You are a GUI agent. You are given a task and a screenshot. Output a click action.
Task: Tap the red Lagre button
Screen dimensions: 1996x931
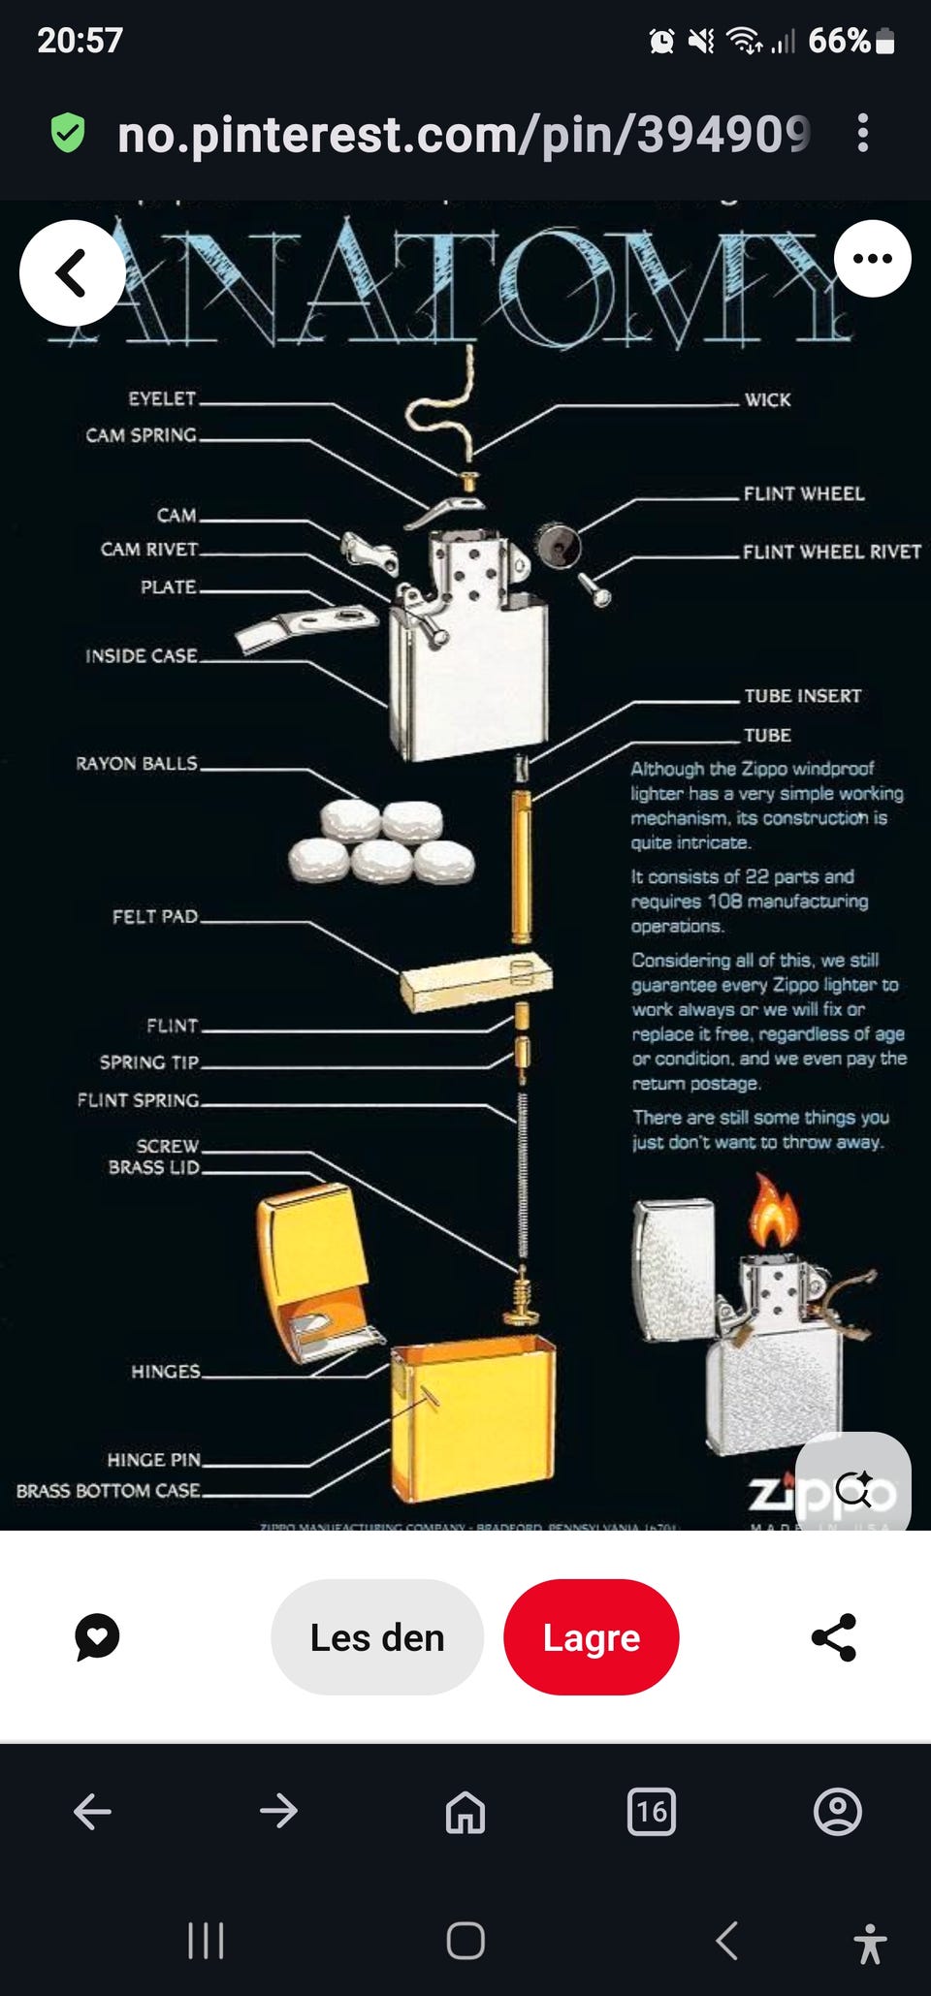point(591,1637)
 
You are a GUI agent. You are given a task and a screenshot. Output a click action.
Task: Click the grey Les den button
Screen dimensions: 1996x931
point(377,1637)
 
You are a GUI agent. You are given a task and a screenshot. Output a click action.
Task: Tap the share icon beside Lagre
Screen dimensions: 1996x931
point(833,1637)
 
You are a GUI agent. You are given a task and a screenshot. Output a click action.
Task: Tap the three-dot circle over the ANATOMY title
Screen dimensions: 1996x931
point(872,259)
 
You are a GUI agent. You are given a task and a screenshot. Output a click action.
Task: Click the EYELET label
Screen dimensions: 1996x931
point(162,398)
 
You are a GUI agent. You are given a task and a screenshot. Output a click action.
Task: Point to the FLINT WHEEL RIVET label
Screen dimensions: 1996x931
point(831,552)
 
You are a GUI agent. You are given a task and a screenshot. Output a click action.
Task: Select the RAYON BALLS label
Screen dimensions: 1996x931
point(137,764)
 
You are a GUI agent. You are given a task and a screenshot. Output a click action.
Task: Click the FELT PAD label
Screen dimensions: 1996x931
point(155,916)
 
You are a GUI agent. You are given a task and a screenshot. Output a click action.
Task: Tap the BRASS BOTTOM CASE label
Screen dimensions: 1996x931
point(109,1491)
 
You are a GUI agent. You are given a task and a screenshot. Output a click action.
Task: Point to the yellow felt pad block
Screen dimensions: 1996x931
point(475,981)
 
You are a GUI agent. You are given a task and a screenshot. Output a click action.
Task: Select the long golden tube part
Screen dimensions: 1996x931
point(521,866)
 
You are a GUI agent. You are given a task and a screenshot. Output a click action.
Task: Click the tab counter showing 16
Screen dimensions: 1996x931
point(652,1811)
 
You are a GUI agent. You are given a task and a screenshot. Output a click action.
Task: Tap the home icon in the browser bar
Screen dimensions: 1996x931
point(465,1811)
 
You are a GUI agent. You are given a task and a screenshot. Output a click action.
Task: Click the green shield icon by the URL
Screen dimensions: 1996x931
point(68,133)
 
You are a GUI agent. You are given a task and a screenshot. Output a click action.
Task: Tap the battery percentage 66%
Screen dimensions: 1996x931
point(840,41)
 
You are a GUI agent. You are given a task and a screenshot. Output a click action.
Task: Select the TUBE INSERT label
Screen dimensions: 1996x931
point(802,696)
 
